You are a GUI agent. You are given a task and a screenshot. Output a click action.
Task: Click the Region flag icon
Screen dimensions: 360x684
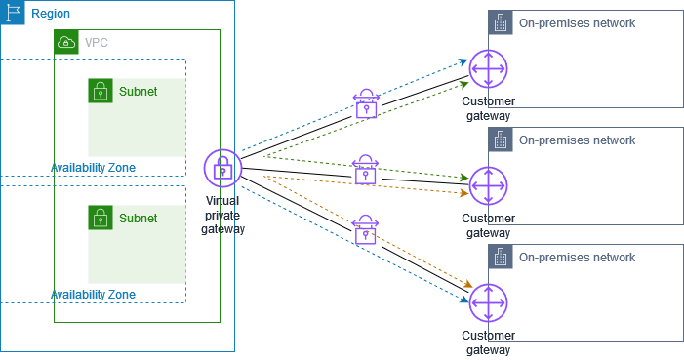point(13,13)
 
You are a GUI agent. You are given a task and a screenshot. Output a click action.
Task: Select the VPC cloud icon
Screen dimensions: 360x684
point(66,42)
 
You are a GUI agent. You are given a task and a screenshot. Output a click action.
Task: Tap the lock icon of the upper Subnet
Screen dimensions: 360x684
point(100,91)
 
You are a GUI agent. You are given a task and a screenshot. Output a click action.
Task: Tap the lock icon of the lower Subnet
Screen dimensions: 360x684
point(100,218)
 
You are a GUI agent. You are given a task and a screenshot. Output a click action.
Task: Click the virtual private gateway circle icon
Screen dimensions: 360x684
point(222,169)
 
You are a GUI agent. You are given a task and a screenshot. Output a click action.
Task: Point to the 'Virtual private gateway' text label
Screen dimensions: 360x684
point(222,214)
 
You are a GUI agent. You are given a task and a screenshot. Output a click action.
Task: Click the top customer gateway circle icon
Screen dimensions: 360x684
point(487,71)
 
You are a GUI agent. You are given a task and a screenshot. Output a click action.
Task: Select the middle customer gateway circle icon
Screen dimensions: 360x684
point(487,185)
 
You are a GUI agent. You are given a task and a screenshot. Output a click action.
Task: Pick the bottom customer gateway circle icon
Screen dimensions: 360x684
point(487,302)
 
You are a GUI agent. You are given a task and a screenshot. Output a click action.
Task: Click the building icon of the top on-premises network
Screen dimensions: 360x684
point(501,23)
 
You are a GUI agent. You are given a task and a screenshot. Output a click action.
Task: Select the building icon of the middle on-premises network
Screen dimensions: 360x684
point(501,140)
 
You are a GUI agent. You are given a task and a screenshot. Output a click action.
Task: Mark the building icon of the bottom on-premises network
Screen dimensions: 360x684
point(501,258)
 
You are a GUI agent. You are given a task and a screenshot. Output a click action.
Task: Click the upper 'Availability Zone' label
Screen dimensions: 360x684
point(93,168)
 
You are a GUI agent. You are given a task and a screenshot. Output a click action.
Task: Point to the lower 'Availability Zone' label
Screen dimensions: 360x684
point(93,295)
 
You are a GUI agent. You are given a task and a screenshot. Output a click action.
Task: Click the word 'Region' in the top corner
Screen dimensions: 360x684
point(51,14)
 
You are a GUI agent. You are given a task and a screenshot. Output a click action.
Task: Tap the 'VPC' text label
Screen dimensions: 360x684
point(97,43)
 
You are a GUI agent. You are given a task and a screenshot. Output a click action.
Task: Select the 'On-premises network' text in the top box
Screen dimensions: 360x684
point(578,23)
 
